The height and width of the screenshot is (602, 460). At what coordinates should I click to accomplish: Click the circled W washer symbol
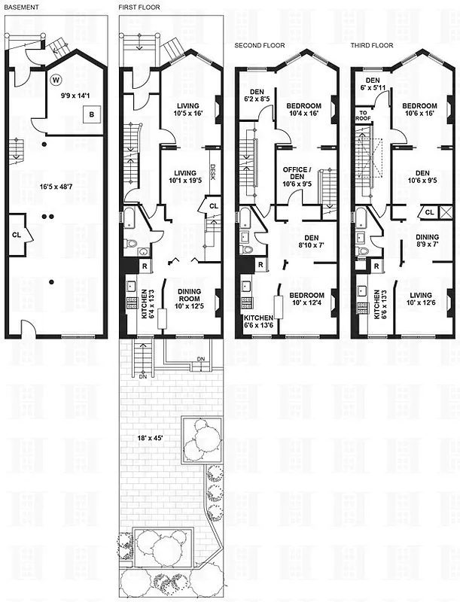(56, 79)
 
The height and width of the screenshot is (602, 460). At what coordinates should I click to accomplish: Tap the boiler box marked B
(92, 114)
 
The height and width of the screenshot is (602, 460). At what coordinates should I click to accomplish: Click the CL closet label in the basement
(17, 233)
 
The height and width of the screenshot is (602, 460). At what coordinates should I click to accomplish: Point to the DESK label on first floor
(212, 172)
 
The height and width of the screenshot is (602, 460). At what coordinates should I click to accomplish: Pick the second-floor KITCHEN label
(258, 318)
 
